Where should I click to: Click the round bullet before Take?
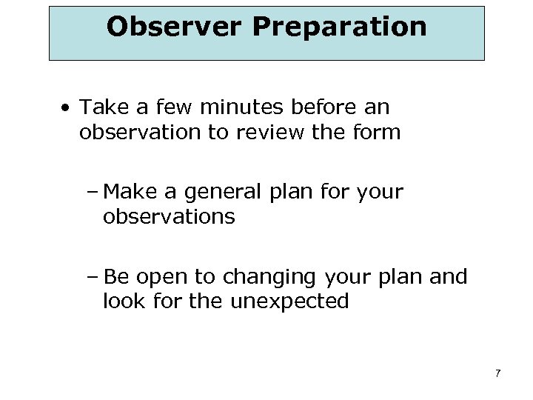pyautogui.click(x=67, y=109)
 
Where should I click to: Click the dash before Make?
pyautogui.click(x=94, y=193)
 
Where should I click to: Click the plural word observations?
pyautogui.click(x=169, y=217)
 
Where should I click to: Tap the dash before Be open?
pyautogui.click(x=94, y=278)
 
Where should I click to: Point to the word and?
pyautogui.click(x=447, y=277)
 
